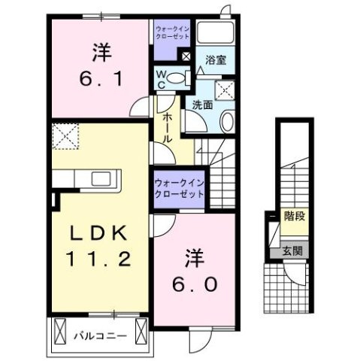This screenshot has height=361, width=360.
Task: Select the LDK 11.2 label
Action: tap(103, 246)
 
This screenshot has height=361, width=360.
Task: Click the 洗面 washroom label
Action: tap(201, 105)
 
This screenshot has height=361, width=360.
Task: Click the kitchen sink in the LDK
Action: tap(101, 179)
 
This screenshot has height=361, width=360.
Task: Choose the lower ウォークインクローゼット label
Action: tap(179, 188)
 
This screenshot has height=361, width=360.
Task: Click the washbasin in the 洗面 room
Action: tap(229, 122)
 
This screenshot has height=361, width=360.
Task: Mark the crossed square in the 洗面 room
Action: tap(224, 90)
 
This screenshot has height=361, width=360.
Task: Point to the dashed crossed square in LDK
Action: tap(65, 137)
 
